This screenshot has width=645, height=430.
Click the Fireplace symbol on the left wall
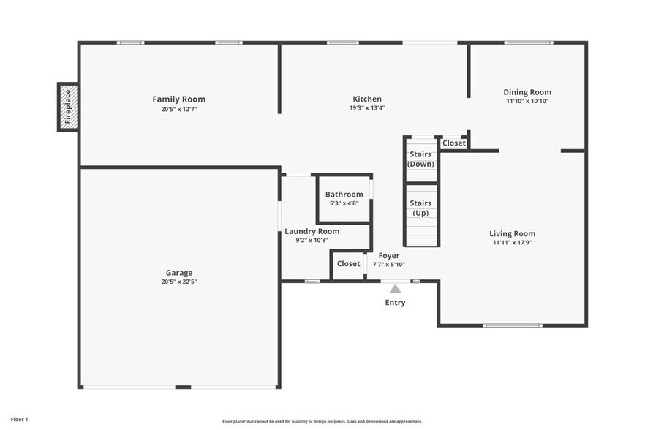point(68,107)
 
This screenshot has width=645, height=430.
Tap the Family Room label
point(178,99)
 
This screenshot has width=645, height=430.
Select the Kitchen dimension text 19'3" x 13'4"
point(366,108)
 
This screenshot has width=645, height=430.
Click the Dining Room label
point(527,92)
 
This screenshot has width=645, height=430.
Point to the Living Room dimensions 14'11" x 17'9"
point(512,243)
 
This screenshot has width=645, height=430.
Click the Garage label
point(178,273)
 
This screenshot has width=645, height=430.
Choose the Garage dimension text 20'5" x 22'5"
point(178,282)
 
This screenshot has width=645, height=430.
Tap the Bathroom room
point(344,198)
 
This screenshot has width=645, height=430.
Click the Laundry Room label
point(312,231)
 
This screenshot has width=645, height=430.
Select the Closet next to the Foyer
point(348,264)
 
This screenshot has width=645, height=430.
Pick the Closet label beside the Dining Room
point(453,143)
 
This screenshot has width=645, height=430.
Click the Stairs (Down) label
point(420,159)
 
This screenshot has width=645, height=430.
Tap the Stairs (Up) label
point(420,208)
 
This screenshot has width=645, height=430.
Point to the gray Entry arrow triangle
point(395,289)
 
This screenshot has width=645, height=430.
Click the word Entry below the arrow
point(395,303)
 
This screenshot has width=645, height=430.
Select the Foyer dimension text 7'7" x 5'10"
point(388,265)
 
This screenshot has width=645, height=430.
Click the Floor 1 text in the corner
point(18,420)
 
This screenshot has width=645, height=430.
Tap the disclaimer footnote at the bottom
point(322,422)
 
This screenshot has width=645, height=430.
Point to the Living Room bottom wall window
point(512,325)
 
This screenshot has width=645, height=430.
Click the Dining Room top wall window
point(529,42)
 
